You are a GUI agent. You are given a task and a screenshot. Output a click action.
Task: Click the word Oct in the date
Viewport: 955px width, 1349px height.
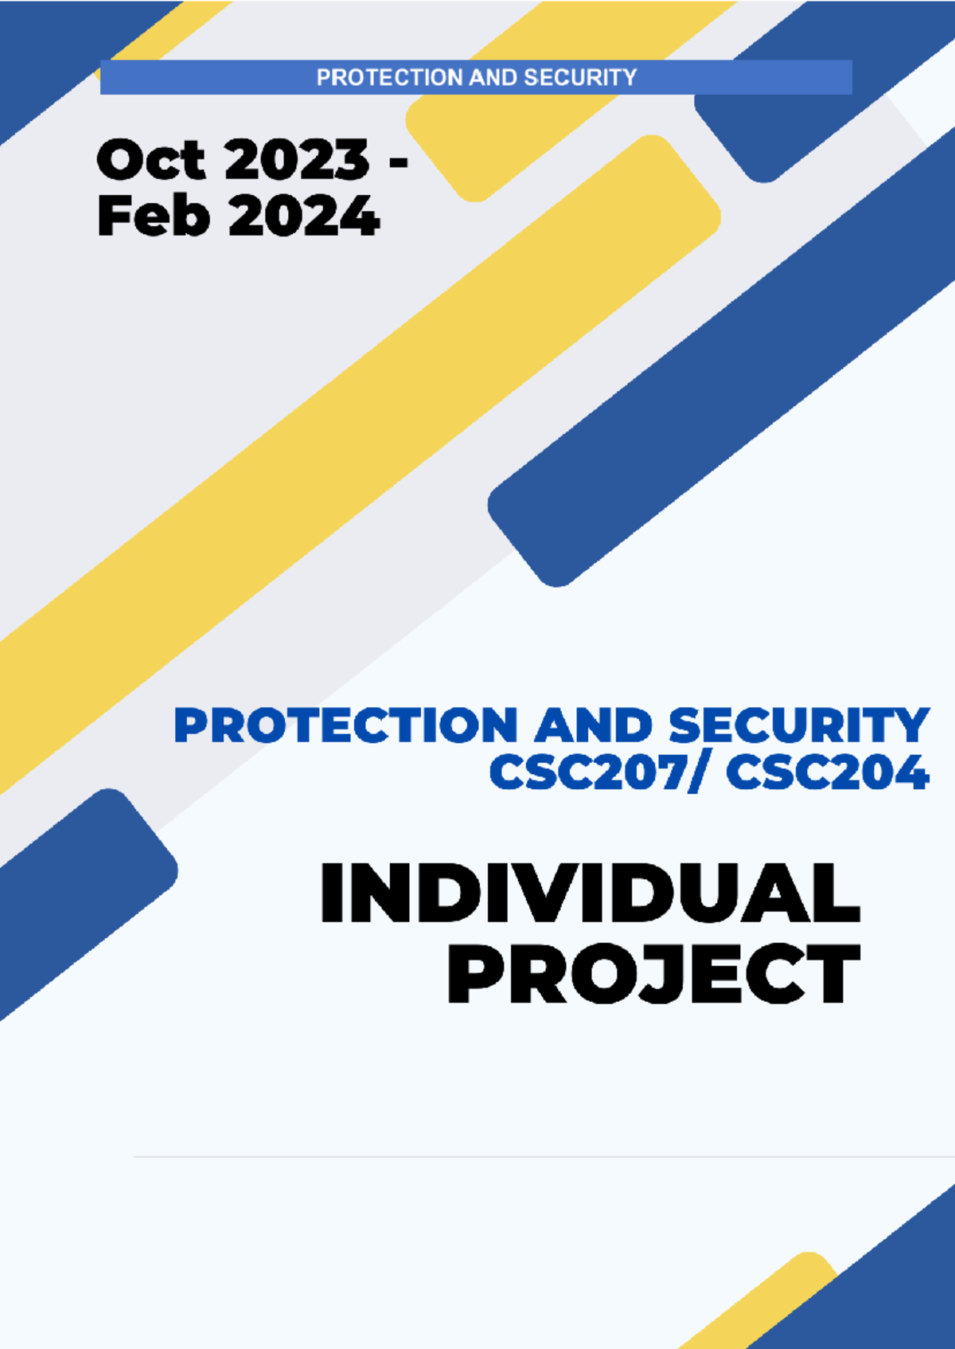click(x=150, y=160)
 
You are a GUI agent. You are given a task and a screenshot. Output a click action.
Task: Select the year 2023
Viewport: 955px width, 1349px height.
click(x=297, y=160)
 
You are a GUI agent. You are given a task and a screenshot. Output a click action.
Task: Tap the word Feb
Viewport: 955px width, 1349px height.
click(x=153, y=216)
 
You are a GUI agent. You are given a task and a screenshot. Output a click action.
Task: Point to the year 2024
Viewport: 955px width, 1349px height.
click(x=304, y=216)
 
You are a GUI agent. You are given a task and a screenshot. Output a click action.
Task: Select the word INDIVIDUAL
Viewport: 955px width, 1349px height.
click(x=590, y=893)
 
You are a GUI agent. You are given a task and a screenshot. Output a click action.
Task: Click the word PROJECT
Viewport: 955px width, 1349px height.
click(x=653, y=974)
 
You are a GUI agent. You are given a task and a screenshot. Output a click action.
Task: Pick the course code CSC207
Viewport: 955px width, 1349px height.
click(x=585, y=772)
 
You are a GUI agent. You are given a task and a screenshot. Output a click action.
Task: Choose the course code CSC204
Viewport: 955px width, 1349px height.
click(x=827, y=772)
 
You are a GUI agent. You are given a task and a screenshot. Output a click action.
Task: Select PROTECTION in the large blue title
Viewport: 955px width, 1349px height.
click(x=345, y=725)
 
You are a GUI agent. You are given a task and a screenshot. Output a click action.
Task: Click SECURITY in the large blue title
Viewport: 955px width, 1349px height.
click(x=798, y=725)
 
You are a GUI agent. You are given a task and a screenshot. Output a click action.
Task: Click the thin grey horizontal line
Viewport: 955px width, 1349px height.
click(x=541, y=1156)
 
